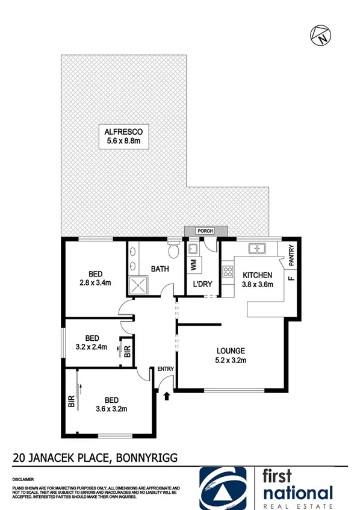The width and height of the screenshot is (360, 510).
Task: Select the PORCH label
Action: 206,230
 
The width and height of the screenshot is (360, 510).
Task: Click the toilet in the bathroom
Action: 174,249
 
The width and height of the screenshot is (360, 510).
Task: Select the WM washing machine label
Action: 193,264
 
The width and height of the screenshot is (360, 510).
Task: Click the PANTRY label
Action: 291,253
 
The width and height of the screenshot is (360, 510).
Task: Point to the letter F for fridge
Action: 290,279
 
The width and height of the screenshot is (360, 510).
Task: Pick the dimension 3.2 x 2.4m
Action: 92,347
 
